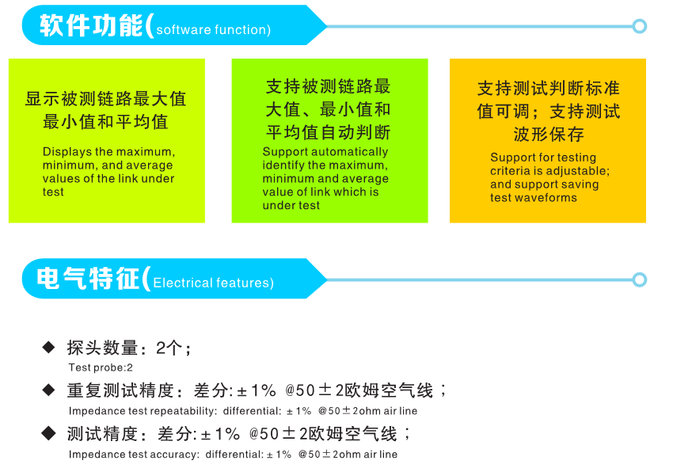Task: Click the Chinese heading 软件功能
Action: coord(91,25)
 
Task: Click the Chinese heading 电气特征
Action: coord(88,278)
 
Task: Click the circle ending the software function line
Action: coord(640,26)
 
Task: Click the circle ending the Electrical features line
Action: coord(640,280)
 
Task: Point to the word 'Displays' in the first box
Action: coord(67,152)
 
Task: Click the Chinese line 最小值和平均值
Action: coord(105,122)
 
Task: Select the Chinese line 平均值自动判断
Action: coord(329,132)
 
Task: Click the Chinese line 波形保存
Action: coord(549,135)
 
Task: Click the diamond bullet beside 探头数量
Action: coord(48,347)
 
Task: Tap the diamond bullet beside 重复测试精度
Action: coord(48,390)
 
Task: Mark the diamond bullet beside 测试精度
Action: coord(48,433)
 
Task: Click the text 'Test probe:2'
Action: coord(101,367)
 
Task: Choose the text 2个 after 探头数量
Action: coord(169,348)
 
